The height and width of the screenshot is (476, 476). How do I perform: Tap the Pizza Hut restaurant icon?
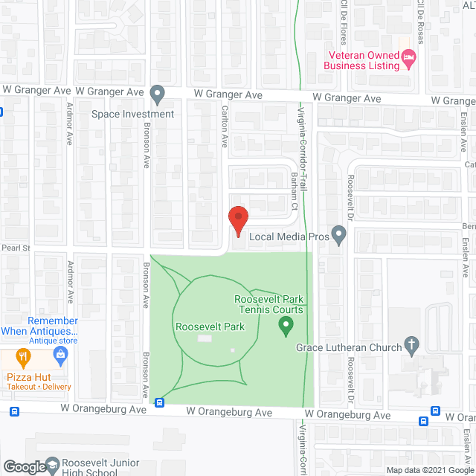(x=23, y=357)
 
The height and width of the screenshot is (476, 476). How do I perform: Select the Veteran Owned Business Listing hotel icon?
(x=408, y=57)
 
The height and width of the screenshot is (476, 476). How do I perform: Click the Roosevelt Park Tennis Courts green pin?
(x=285, y=325)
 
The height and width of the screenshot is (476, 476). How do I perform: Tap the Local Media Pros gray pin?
(x=339, y=236)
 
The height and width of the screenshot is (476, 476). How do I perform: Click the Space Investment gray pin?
(x=157, y=94)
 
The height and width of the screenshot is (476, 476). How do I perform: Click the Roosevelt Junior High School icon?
(x=53, y=466)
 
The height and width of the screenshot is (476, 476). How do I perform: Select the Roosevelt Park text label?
(x=200, y=326)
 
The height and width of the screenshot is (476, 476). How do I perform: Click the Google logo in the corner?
(x=24, y=467)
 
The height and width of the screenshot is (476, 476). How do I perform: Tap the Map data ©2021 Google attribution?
(x=428, y=470)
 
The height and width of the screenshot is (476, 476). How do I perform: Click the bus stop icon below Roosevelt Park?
(x=160, y=403)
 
